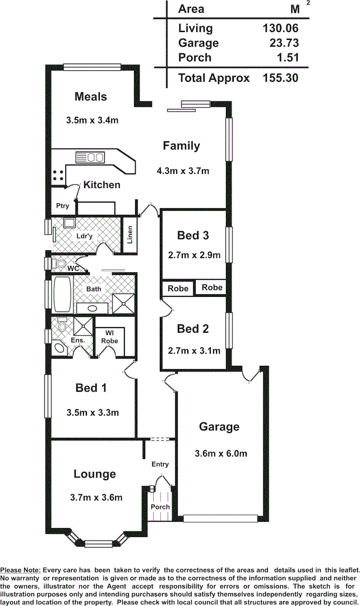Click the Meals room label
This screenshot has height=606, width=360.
pos(90,97)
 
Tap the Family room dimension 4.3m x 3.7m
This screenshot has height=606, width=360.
pos(184,171)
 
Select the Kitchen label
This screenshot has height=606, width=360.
pos(102,185)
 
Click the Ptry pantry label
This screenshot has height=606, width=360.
pos(62,206)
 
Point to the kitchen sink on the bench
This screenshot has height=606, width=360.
pos(90,157)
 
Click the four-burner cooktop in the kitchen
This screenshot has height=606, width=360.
pos(58,175)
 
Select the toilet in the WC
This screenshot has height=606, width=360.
pos(60,263)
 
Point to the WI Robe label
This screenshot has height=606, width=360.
pos(110,337)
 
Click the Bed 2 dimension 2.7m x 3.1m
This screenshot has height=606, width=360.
pos(194,351)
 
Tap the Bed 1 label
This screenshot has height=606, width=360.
pos(91,388)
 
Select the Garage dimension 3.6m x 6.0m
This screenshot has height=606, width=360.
pos(220,453)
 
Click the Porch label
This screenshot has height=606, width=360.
pos(160,507)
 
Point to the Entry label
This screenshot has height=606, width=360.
pos(160,464)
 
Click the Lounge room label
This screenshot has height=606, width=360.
pos(95,474)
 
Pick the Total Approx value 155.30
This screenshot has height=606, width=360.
pos(280,78)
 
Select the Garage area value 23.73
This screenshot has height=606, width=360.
pos(280,43)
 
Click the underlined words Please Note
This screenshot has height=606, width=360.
pos(20,570)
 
